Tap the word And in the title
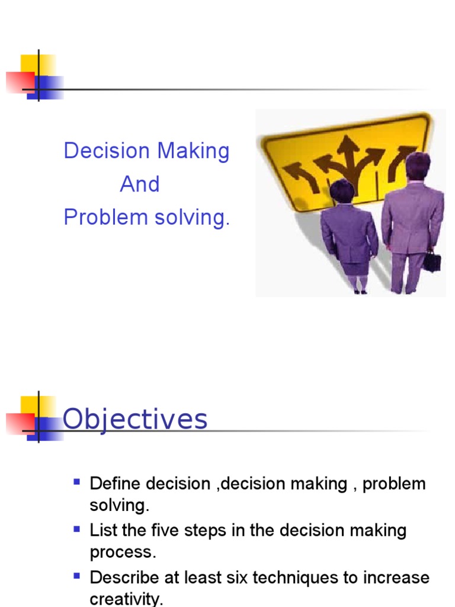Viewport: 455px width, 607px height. click(x=140, y=184)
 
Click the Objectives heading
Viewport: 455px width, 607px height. click(x=135, y=419)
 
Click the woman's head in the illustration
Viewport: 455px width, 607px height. click(x=342, y=191)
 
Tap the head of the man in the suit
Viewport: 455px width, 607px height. click(x=417, y=166)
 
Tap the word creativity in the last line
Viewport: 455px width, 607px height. click(x=126, y=599)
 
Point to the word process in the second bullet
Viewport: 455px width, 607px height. click(x=123, y=552)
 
